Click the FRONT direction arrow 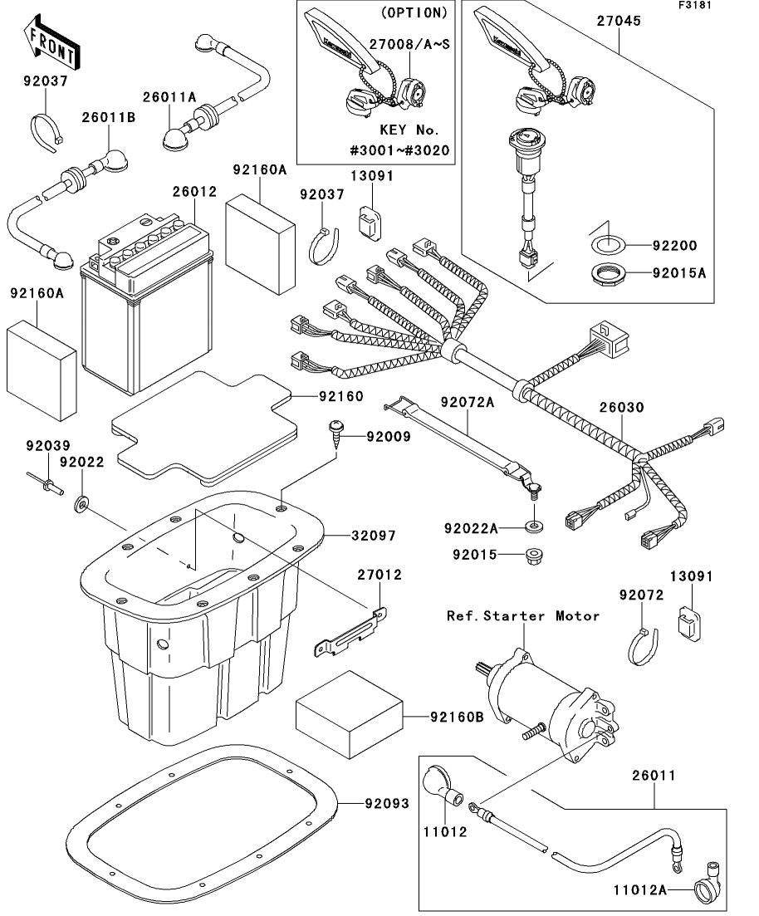click(51, 47)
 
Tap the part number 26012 click(194, 192)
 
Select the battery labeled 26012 click(145, 307)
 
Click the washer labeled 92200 click(608, 246)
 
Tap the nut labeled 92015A click(610, 272)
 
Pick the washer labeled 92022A click(530, 527)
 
